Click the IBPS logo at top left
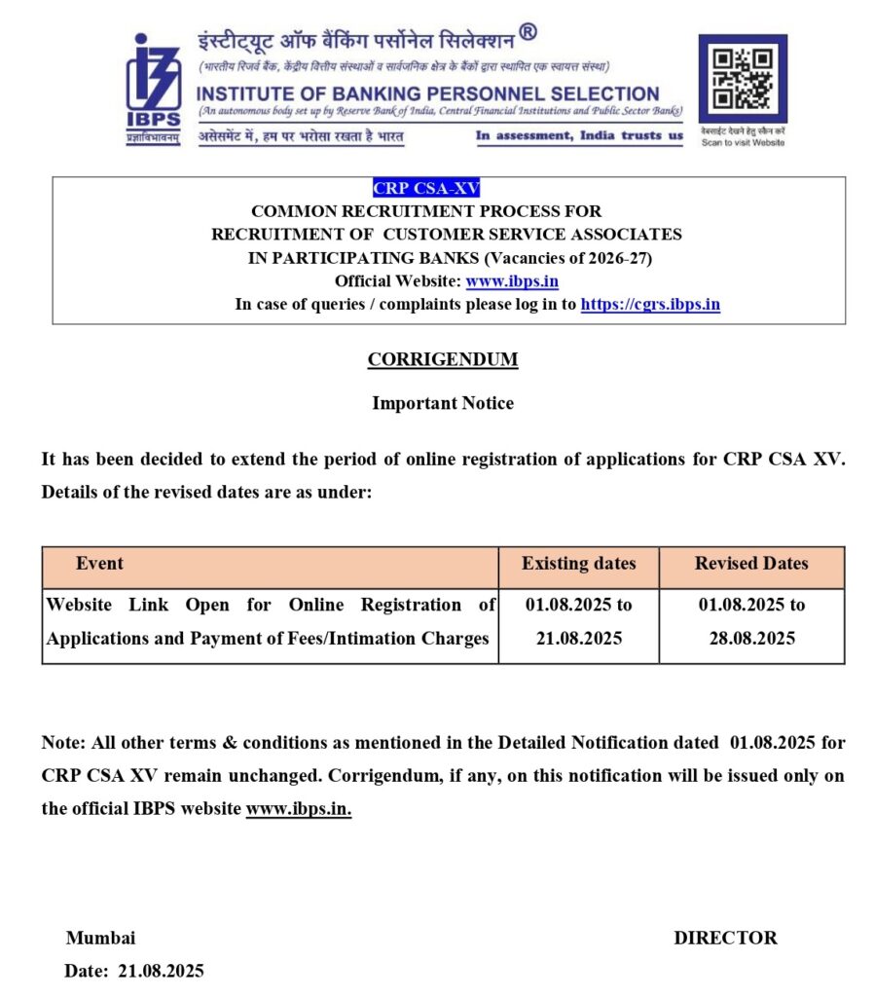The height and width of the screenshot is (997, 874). pos(153,89)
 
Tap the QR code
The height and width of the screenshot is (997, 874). pos(743,79)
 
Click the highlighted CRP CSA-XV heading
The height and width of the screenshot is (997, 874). pos(426,189)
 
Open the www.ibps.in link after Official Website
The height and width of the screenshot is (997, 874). pos(512,281)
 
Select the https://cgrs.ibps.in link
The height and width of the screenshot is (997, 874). pos(650,304)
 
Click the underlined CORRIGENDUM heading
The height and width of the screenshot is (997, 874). pos(443,360)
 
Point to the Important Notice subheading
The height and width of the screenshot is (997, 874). pos(443,403)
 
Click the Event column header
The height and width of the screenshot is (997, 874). pos(99,564)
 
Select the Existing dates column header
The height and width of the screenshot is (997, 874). pos(578,564)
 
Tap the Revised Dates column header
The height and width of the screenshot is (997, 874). pos(751,564)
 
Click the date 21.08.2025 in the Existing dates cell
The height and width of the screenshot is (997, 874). pos(578,639)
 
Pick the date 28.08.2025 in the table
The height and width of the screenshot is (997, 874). pos(751,639)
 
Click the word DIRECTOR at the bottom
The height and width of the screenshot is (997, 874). pos(725,939)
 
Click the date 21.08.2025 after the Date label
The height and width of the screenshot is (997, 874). pos(161,971)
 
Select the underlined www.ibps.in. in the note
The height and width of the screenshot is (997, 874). pos(298,809)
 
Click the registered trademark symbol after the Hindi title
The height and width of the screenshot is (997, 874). pos(527,32)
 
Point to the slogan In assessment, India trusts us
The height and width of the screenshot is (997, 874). pos(579,135)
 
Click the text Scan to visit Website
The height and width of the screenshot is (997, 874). pos(743,142)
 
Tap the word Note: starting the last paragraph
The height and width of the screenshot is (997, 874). pos(64,743)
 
